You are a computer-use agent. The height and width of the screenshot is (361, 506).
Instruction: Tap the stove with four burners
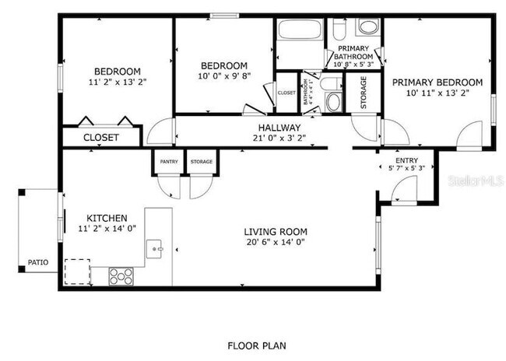tap(121, 275)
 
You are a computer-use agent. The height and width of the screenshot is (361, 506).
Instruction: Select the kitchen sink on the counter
tap(156, 250)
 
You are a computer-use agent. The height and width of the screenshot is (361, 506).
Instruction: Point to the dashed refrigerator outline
tap(76, 272)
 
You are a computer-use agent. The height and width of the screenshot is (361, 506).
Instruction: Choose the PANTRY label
tap(169, 162)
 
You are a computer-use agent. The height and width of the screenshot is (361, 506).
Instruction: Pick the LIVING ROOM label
tap(275, 231)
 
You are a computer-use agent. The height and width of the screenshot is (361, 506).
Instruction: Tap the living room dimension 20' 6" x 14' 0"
tap(275, 242)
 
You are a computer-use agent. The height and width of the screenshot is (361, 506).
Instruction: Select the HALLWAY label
tap(279, 128)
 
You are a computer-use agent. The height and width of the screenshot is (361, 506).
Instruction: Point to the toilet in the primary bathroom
tap(339, 30)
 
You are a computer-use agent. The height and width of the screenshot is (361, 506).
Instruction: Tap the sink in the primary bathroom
tap(367, 28)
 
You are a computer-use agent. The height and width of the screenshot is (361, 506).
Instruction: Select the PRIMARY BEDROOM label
tap(437, 82)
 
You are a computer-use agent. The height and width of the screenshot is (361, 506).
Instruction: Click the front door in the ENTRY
tap(405, 190)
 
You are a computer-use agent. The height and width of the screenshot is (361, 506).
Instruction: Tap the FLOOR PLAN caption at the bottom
tap(254, 344)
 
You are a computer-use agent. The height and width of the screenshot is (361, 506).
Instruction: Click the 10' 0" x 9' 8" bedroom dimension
tap(223, 76)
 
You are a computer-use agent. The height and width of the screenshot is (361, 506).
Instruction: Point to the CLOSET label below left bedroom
tap(102, 137)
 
